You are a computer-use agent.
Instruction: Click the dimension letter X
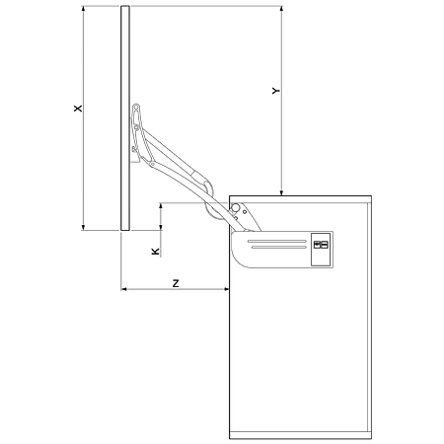[78, 109]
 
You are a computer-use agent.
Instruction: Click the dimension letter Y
[276, 91]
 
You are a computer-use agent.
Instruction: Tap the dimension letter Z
[176, 283]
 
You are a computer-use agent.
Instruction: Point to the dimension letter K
[155, 252]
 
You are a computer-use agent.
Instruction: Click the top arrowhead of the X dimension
[83, 9]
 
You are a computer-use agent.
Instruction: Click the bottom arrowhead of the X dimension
[83, 227]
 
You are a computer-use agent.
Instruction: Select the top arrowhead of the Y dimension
[281, 9]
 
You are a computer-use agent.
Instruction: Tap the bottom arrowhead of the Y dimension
[281, 192]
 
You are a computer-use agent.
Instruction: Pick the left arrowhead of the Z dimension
[123, 289]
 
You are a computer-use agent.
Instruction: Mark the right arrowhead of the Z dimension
[226, 289]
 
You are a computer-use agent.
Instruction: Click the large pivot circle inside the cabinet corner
[235, 208]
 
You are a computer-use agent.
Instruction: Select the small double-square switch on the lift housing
[321, 245]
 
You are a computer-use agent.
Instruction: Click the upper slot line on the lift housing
[277, 241]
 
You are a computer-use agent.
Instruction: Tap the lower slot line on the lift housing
[279, 247]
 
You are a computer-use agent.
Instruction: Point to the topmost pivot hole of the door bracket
[136, 107]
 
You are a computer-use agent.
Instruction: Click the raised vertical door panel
[125, 118]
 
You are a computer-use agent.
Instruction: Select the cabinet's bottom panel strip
[300, 435]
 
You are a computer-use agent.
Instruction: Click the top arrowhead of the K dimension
[161, 206]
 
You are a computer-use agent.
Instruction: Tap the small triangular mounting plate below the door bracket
[135, 159]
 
